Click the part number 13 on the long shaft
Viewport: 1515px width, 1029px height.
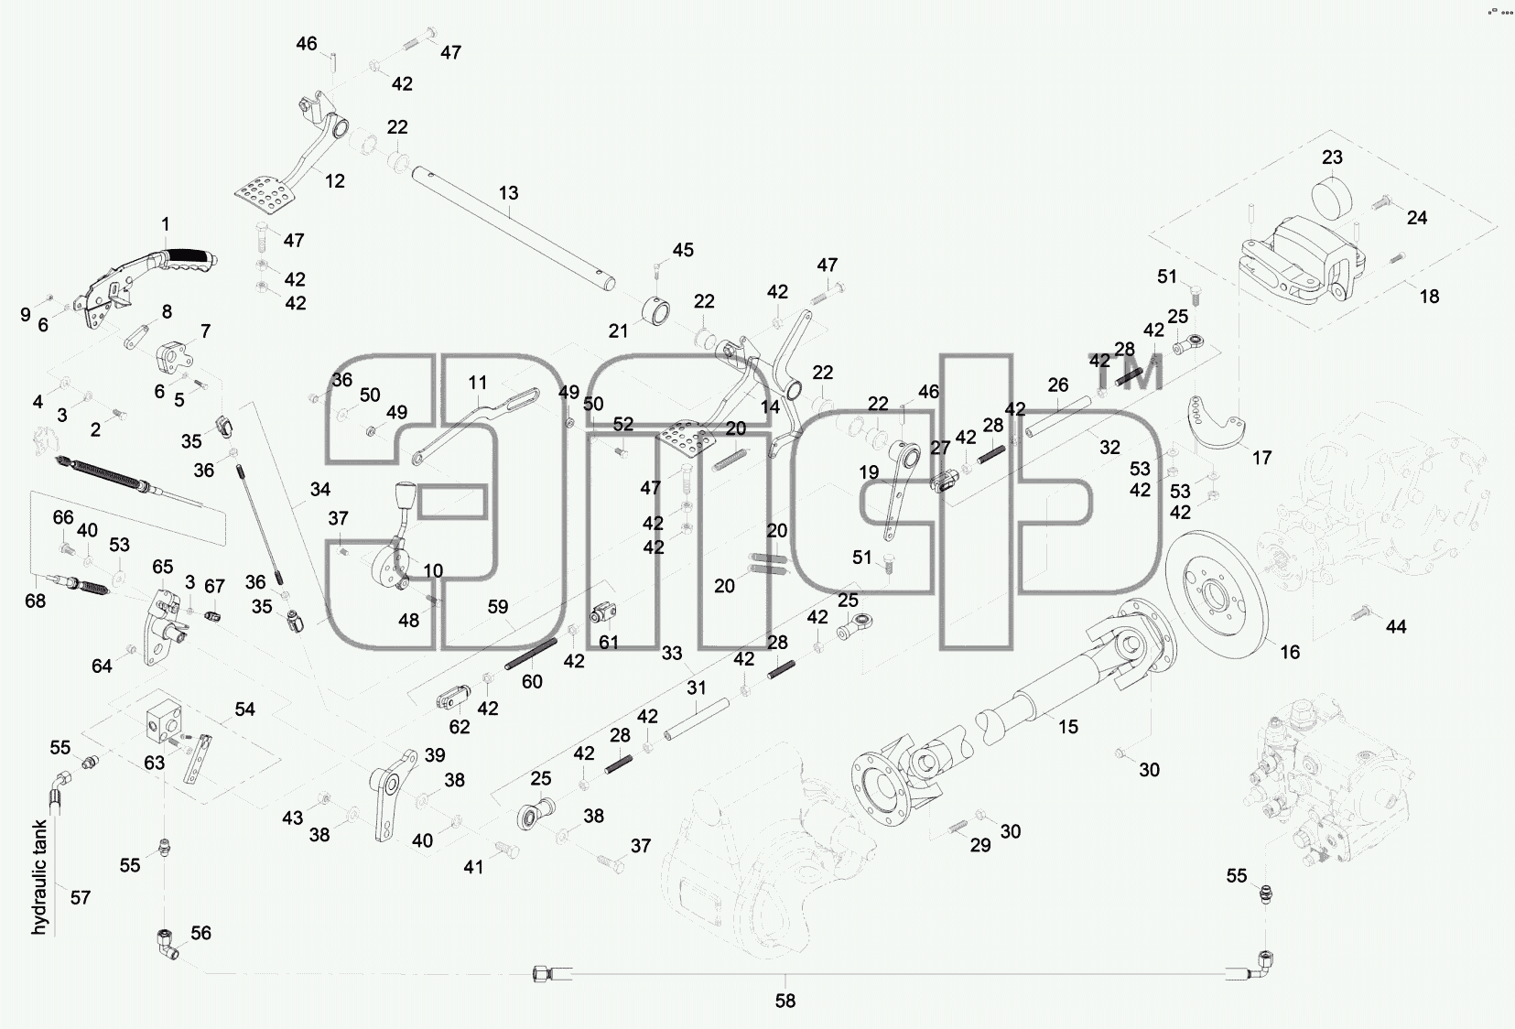point(508,193)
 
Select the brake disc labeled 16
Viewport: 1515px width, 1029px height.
point(1218,595)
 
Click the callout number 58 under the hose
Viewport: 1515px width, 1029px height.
point(785,1001)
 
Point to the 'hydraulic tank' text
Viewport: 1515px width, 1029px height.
point(40,877)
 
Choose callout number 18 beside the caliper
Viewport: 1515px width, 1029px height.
point(1429,297)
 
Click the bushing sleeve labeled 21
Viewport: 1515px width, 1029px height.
point(656,315)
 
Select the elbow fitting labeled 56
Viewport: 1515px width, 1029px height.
point(166,945)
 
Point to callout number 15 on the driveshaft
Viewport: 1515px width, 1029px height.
point(1068,727)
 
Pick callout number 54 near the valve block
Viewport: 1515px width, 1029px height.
point(244,709)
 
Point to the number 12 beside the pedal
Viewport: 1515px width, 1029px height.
point(335,181)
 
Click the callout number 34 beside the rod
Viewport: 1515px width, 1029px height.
point(319,489)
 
